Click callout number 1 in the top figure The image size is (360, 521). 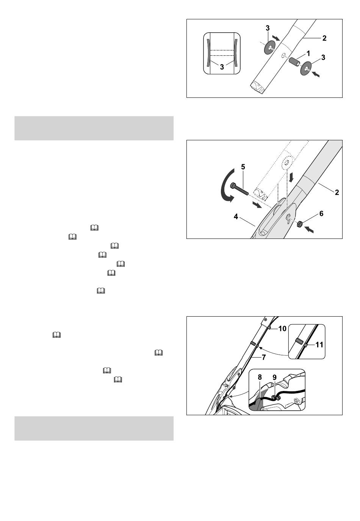308,53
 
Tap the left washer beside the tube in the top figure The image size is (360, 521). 269,47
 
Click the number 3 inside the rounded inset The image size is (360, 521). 222,67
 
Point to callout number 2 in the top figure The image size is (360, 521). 324,38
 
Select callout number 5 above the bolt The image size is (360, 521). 243,167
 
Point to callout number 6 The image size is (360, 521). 321,213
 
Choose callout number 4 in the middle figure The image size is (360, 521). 236,217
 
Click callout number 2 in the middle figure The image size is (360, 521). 337,192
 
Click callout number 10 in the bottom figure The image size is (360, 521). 282,328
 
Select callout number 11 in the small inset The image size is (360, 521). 319,344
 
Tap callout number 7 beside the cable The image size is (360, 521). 263,357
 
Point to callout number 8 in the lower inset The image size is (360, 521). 260,377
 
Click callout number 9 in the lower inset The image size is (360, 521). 274,377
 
